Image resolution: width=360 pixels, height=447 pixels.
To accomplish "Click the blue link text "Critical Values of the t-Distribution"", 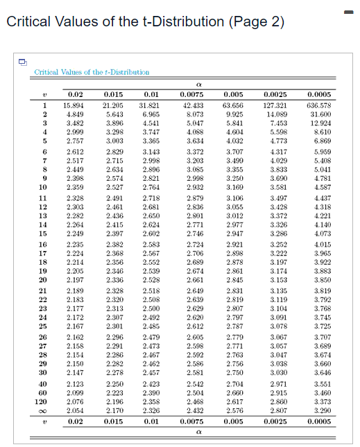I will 92,72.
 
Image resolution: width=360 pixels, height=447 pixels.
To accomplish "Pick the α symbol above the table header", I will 189,85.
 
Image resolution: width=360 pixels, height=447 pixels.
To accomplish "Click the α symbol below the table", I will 189,431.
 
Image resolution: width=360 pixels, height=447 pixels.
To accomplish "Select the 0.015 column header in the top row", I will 112,94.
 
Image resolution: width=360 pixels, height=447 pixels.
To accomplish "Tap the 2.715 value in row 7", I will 112,160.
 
